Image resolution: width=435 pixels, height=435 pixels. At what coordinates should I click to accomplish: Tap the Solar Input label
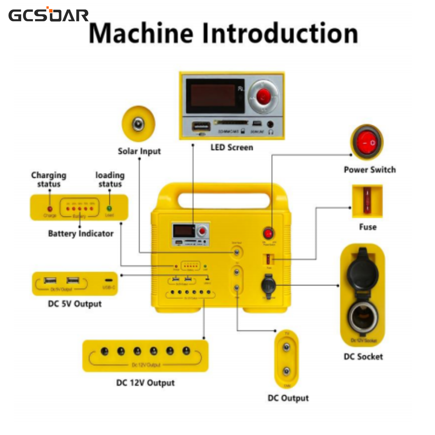point(139,151)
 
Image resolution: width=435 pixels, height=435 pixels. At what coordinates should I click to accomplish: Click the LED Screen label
point(232,147)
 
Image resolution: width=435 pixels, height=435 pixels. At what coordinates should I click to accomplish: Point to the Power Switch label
point(369,170)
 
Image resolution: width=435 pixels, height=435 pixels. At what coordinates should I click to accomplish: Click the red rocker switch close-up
point(367,143)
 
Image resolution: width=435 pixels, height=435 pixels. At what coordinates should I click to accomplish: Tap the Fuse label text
point(367,227)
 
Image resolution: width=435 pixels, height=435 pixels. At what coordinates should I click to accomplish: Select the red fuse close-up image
point(367,201)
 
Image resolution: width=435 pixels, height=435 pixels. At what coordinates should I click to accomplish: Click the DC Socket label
point(363,357)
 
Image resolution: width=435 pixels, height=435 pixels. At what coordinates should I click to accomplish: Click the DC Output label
point(288,398)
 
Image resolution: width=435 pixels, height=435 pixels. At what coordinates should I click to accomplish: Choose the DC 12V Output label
point(145,383)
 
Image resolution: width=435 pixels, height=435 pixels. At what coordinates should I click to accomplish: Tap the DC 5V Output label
point(75,304)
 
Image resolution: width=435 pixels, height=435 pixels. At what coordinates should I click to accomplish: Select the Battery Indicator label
point(81,234)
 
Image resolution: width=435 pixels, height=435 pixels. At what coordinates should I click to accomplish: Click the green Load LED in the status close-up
point(109,208)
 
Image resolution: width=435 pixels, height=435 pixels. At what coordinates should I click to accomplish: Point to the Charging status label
point(48,179)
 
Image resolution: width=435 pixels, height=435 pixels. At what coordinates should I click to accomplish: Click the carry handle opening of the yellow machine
point(222,200)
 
